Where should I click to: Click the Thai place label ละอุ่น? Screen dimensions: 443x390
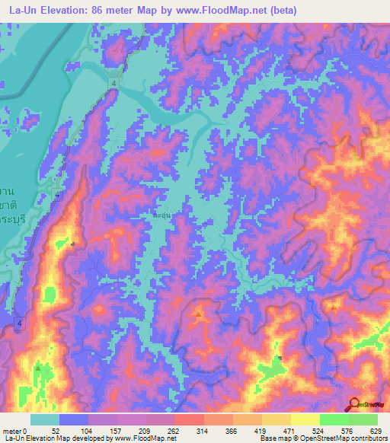[x=160, y=215]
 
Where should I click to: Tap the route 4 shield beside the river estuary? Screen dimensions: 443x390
[x=113, y=82]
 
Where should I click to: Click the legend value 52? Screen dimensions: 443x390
[x=59, y=430]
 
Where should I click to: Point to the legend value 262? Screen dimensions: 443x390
[x=173, y=430]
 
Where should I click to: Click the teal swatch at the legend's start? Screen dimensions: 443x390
[x=45, y=419]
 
